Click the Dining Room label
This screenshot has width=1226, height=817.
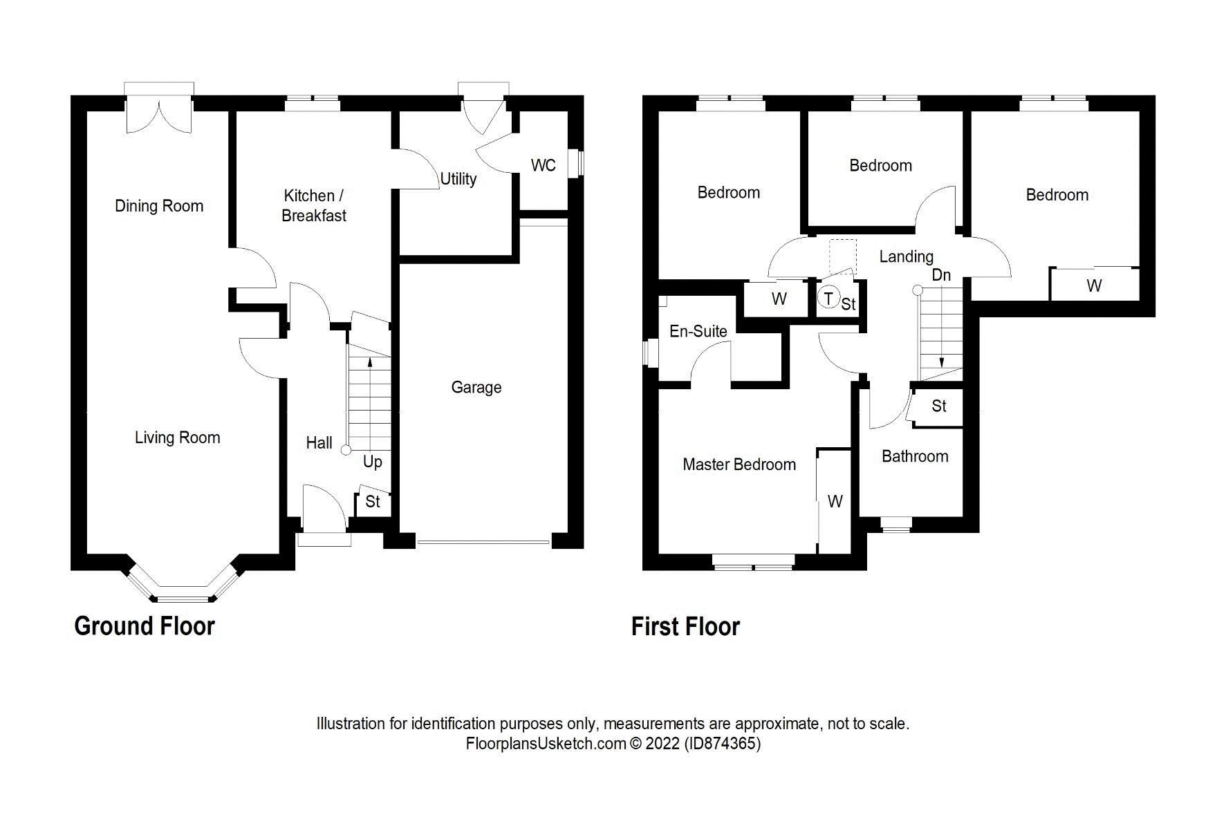pos(159,206)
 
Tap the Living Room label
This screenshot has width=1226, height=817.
pos(177,438)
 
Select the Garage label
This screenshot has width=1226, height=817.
pos(476,388)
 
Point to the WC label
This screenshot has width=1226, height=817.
pos(543,166)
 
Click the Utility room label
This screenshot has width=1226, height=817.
pos(458,179)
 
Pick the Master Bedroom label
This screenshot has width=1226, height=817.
pos(739,464)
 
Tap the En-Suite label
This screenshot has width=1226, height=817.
pos(698,332)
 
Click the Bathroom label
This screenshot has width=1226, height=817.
pos(914,456)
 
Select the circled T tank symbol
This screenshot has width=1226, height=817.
pos(828,299)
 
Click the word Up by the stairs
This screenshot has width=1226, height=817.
pos(372,462)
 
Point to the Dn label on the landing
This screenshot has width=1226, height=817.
pos(941,275)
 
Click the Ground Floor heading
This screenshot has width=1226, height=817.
pos(145,626)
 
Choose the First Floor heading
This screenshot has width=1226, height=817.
pos(685,627)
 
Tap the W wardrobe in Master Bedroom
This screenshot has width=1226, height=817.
pos(835,501)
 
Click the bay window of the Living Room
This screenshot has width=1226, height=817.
pos(182,591)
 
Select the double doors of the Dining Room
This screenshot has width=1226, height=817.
pos(159,114)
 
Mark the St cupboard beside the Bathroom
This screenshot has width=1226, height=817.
pos(938,406)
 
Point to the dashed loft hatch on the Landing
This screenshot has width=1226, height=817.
pos(843,254)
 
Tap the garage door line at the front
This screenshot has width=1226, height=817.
pos(483,542)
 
